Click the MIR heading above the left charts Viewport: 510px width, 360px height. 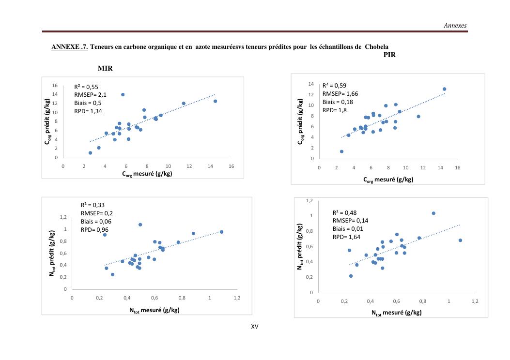tap(105, 68)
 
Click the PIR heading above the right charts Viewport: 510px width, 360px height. tap(389, 55)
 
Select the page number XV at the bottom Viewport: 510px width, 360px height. tap(255, 327)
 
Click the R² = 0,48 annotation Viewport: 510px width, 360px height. tap(344, 212)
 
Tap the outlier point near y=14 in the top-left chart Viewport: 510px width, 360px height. tap(123, 95)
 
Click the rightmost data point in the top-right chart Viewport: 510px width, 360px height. tap(444, 89)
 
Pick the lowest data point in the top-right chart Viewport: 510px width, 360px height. tap(341, 151)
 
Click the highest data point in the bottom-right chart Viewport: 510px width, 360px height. tap(433, 213)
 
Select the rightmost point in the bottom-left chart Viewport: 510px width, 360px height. tap(221, 232)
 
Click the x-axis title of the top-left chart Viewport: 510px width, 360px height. tap(147, 174)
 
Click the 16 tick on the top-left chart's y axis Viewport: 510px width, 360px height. tap(55, 85)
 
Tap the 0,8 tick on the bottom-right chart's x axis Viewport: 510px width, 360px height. tap(422, 301)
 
